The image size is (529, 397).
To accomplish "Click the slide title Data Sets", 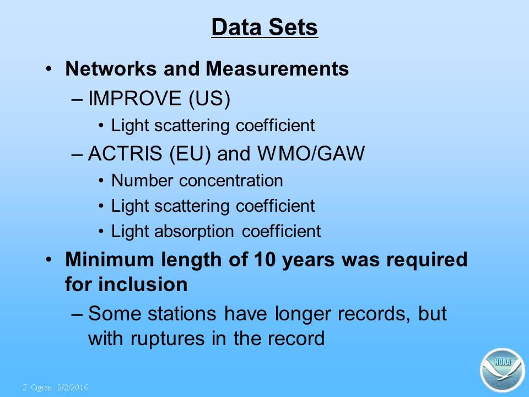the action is tap(264, 27).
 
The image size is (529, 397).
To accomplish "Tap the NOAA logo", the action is tap(503, 370).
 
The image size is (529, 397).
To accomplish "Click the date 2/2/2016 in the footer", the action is tap(73, 388).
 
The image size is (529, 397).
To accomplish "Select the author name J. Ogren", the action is tap(37, 388).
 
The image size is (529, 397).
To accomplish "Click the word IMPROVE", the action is tap(134, 98).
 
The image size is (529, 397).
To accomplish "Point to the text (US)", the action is tap(209, 99).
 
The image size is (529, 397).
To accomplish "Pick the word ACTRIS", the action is tap(125, 153).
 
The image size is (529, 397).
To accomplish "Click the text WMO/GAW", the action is tap(311, 154).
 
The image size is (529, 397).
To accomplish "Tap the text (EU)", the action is tap(190, 154).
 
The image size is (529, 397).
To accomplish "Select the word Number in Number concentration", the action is tap(142, 180).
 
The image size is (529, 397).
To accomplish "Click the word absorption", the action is tap(194, 232).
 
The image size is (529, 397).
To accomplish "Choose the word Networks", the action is tap(111, 68).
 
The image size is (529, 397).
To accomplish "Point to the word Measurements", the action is tap(277, 68).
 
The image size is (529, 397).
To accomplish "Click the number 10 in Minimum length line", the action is tap(265, 260).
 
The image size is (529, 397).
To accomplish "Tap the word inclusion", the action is tap(143, 284).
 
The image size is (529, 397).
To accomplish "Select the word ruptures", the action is tap(168, 339).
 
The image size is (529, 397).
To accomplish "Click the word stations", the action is tap(182, 314).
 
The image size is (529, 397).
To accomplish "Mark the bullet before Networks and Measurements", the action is tap(49, 69).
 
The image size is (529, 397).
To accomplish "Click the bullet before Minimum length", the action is tap(49, 260).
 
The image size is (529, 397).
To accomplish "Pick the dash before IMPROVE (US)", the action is tap(77, 100).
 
